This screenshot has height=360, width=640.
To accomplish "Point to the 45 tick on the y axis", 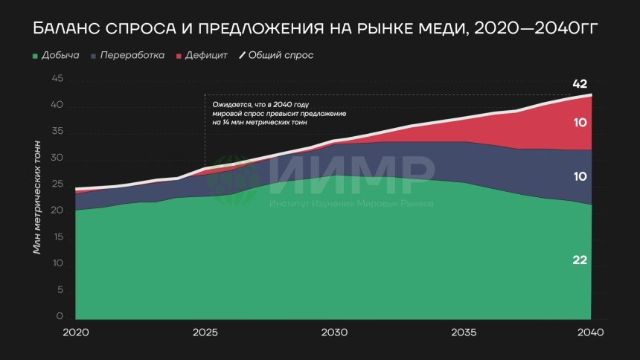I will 59,81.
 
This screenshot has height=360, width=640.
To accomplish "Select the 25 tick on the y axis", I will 59,186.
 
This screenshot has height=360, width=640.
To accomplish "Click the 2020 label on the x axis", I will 76,332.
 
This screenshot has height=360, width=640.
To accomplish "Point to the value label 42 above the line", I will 580,83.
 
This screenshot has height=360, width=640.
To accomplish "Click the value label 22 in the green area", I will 580,260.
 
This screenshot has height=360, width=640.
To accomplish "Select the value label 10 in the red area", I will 580,122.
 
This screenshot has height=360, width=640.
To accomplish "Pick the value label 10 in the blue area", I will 580,177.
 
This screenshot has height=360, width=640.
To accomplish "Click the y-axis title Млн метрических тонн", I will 37,196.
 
